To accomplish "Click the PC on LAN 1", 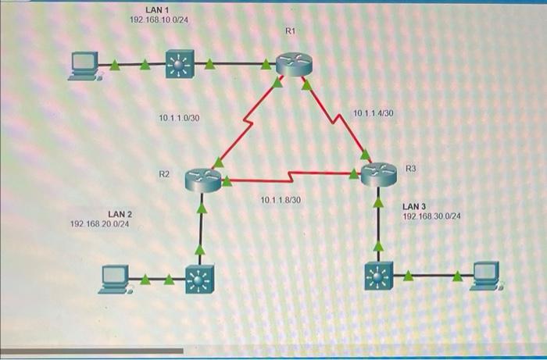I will pos(83,66).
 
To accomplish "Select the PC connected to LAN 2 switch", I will pos(116,279).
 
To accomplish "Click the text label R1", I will pos(291,31).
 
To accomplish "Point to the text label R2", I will pos(164,174).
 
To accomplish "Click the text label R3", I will pos(411,168).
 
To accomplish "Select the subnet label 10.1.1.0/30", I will pos(179,118).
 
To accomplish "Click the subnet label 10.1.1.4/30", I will pos(374,113).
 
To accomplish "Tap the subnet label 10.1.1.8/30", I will pos(281,201).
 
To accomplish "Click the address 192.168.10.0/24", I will pos(158,19).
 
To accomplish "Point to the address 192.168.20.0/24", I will pos(100,224).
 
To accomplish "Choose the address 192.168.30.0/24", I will pos(431,216).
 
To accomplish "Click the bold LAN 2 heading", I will pos(120,214).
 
